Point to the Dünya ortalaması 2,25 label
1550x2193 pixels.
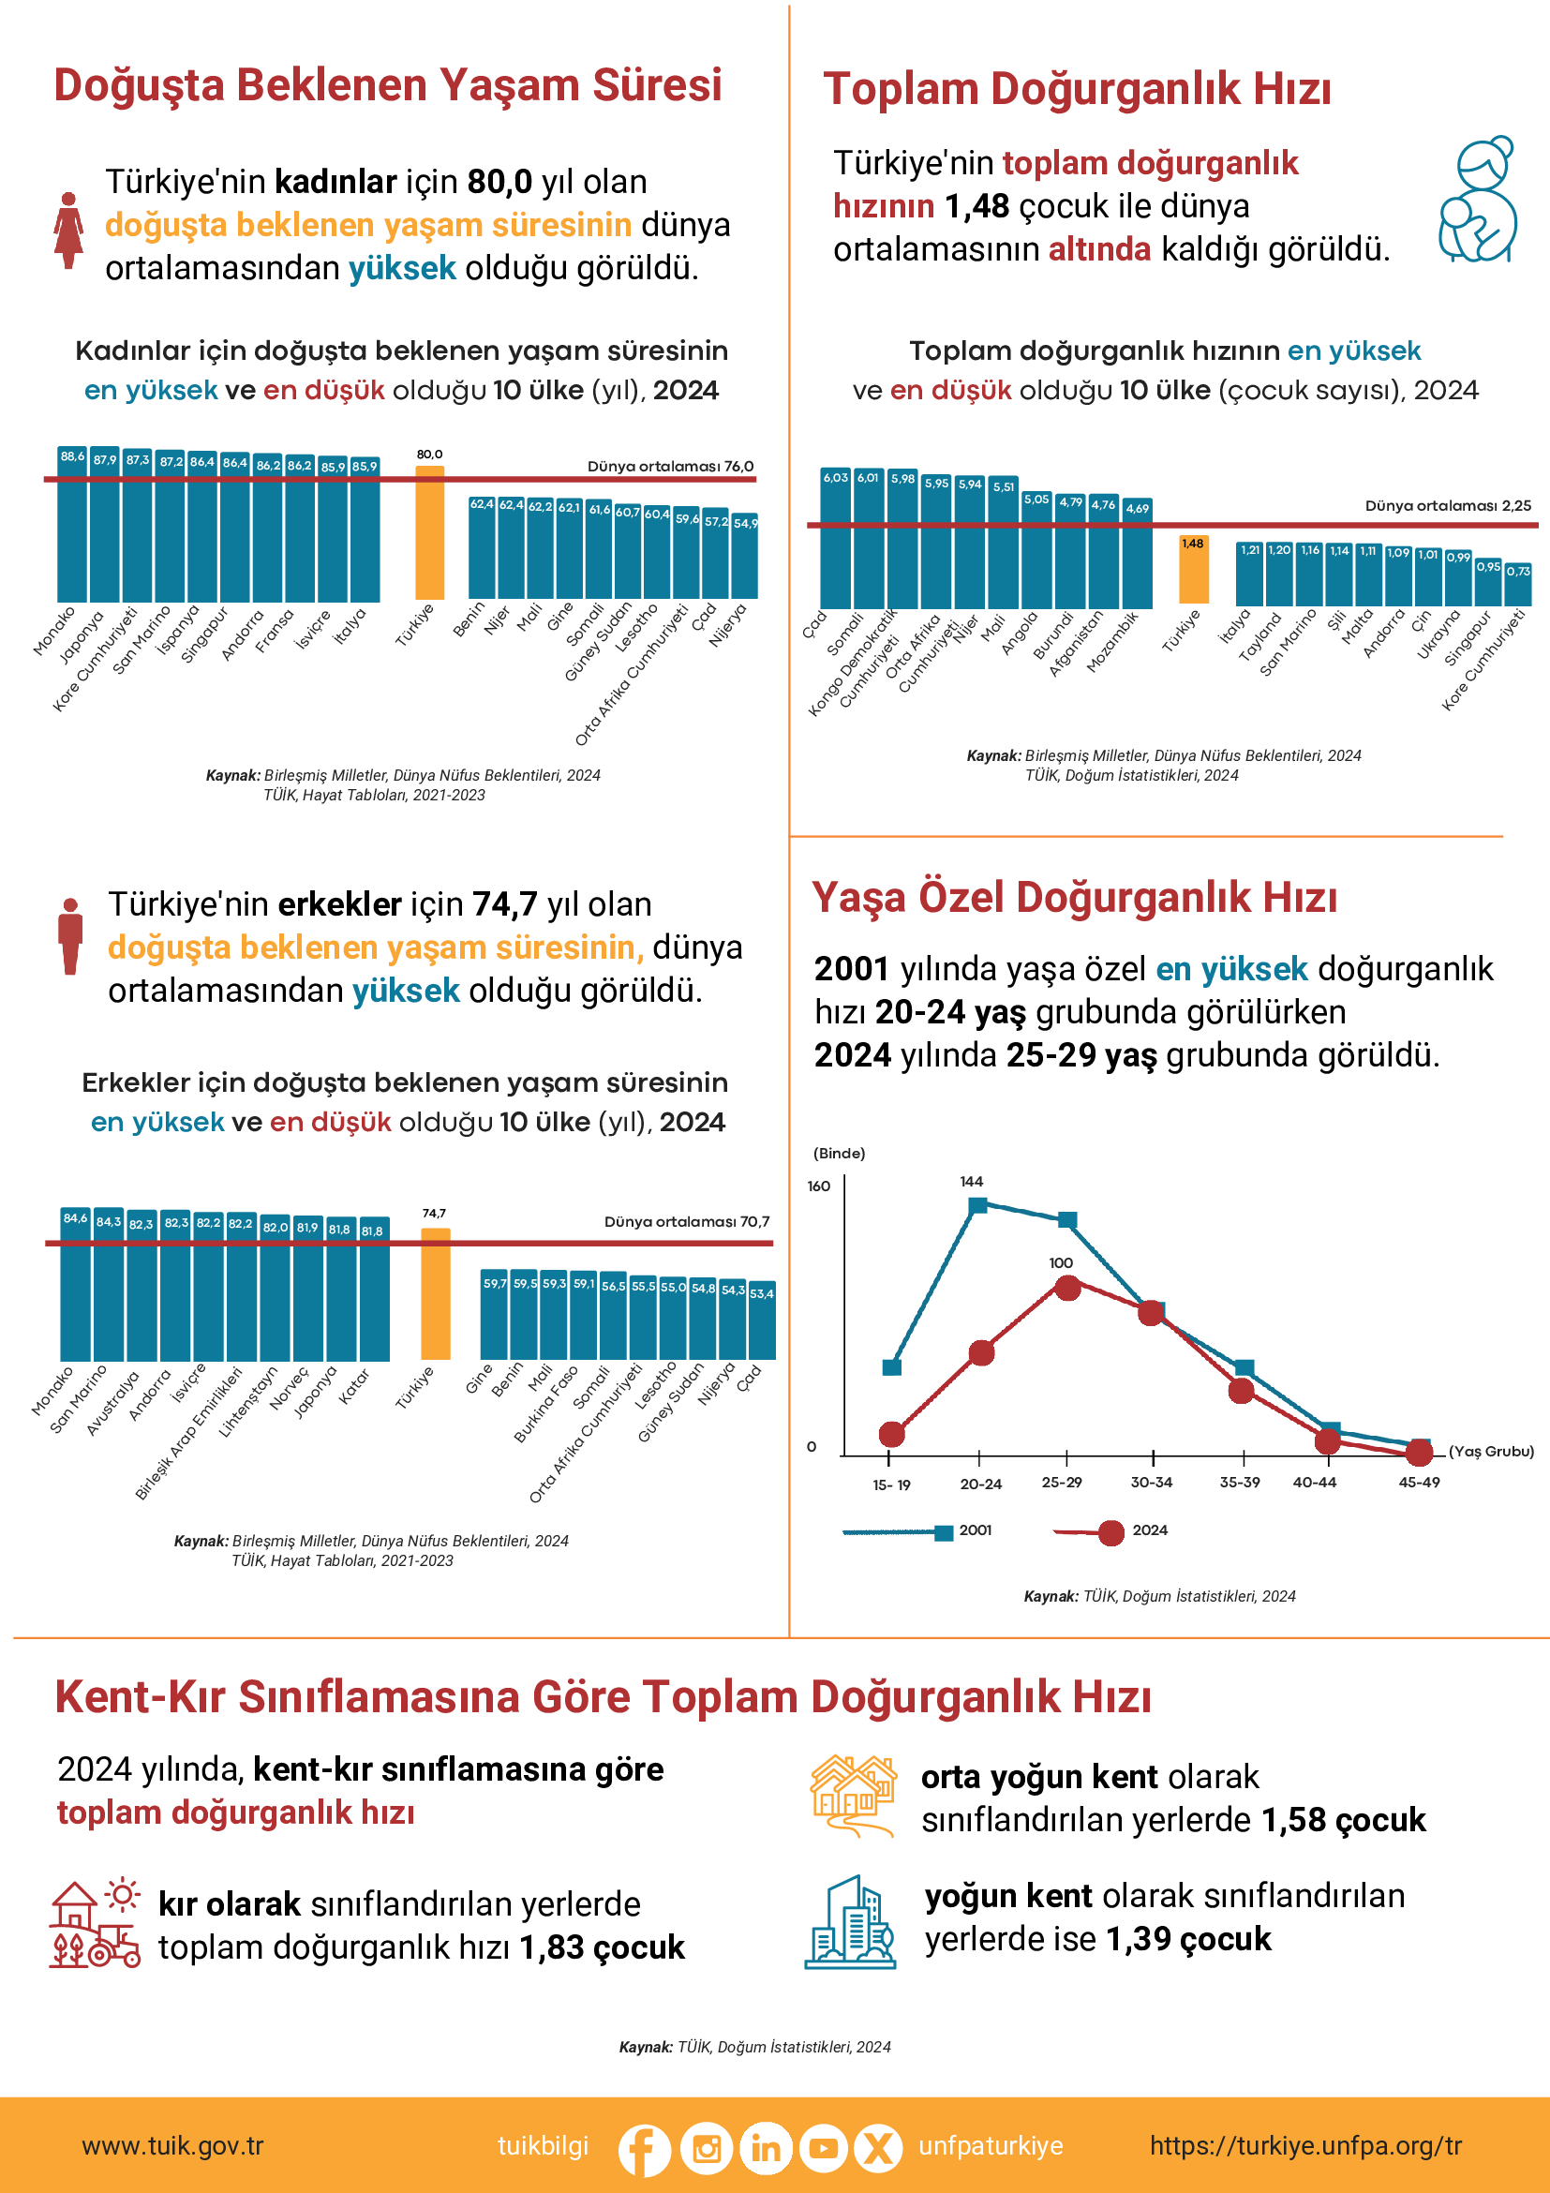tap(1447, 505)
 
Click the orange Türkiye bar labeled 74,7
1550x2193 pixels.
tap(435, 1294)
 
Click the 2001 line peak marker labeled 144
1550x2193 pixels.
tap(978, 1205)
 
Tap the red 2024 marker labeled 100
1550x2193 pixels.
tap(1067, 1288)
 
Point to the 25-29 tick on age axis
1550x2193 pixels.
tap(1061, 1483)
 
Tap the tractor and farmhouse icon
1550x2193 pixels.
tap(94, 1924)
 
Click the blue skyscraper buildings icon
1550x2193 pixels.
tap(850, 1922)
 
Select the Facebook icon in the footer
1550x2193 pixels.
tap(644, 2149)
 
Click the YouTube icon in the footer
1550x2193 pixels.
tap(822, 2149)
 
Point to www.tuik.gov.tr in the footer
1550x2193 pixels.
tap(171, 2146)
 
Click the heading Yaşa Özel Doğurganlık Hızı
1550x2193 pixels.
tap(1073, 898)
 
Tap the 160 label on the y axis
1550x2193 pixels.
tap(818, 1186)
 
